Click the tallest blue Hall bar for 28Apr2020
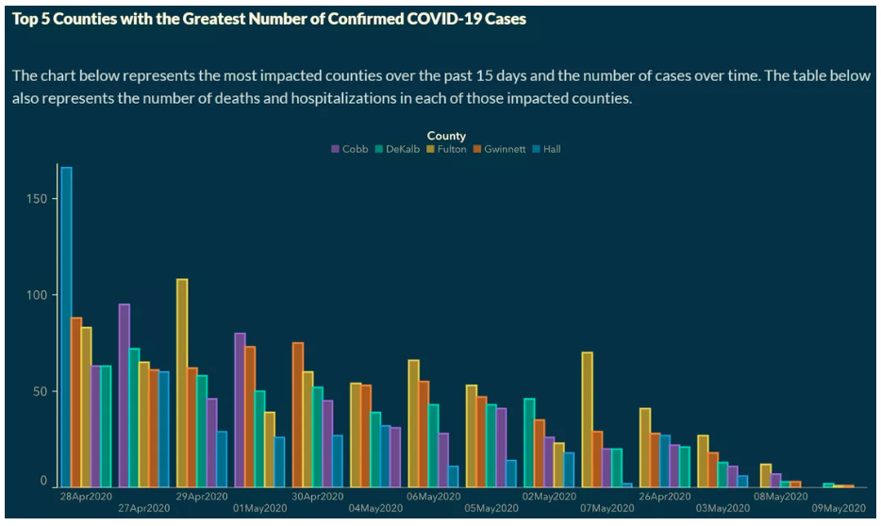(x=66, y=326)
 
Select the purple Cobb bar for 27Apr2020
(x=124, y=395)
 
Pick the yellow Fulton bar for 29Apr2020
(x=182, y=383)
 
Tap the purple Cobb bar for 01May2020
(x=240, y=409)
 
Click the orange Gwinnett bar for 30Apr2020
(x=298, y=414)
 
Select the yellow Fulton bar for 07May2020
(x=588, y=419)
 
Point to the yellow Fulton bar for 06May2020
(x=413, y=423)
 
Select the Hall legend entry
(x=546, y=149)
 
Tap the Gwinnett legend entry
(x=499, y=149)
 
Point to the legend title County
(x=446, y=136)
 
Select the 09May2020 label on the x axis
(x=837, y=509)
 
